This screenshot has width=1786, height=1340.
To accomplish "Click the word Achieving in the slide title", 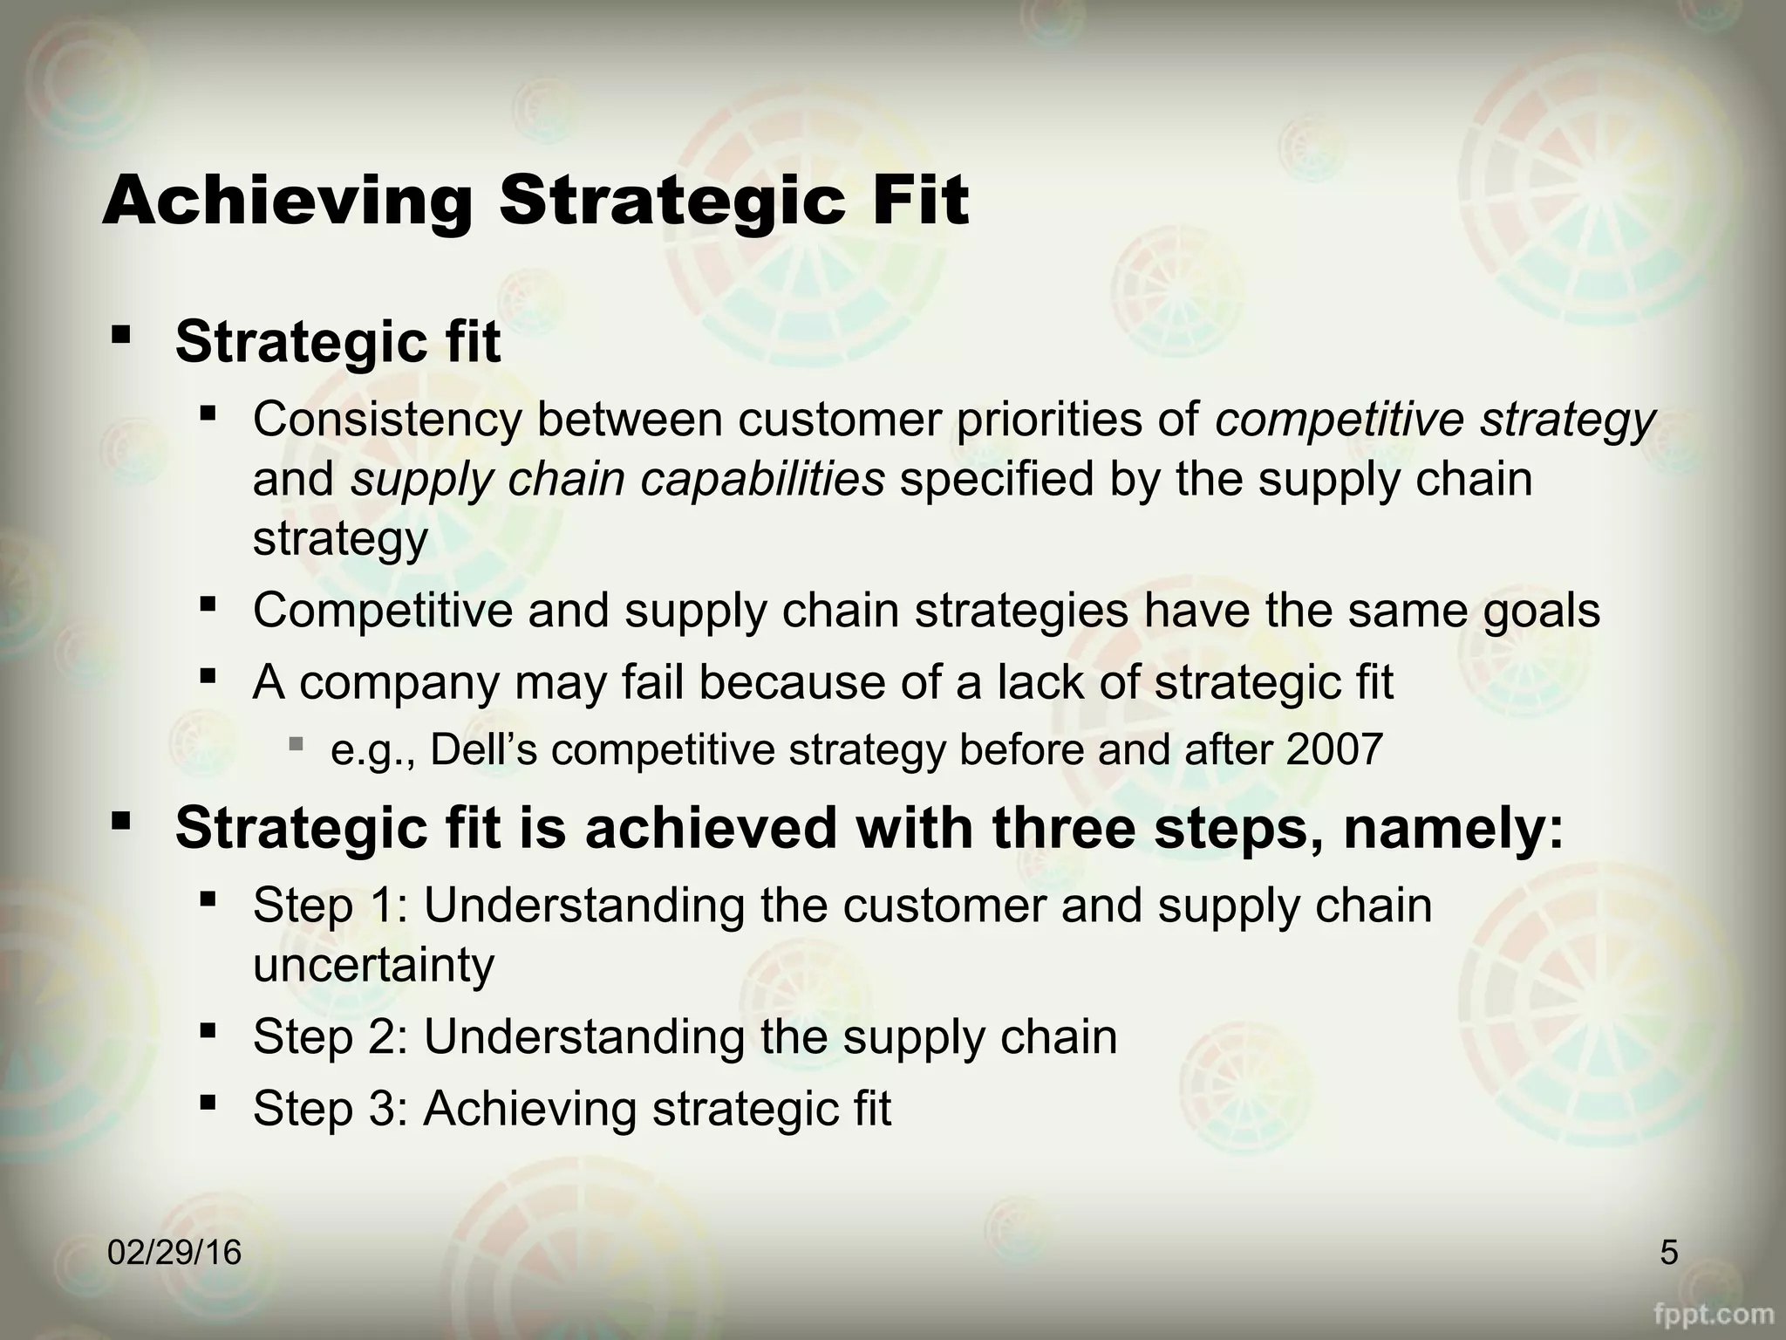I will pyautogui.click(x=288, y=201).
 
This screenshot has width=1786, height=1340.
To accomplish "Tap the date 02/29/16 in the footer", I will pyautogui.click(x=174, y=1253).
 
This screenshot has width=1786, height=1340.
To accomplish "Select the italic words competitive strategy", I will pyautogui.click(x=1435, y=420).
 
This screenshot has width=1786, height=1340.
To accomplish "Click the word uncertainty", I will pyautogui.click(x=373, y=966).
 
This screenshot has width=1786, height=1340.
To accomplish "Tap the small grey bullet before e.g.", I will pyautogui.click(x=296, y=744).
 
